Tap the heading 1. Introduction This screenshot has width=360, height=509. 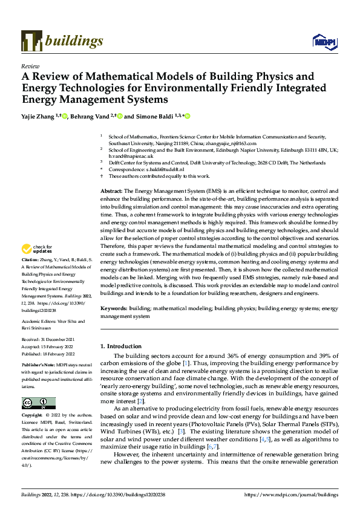124,346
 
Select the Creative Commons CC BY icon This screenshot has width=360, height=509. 38,403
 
